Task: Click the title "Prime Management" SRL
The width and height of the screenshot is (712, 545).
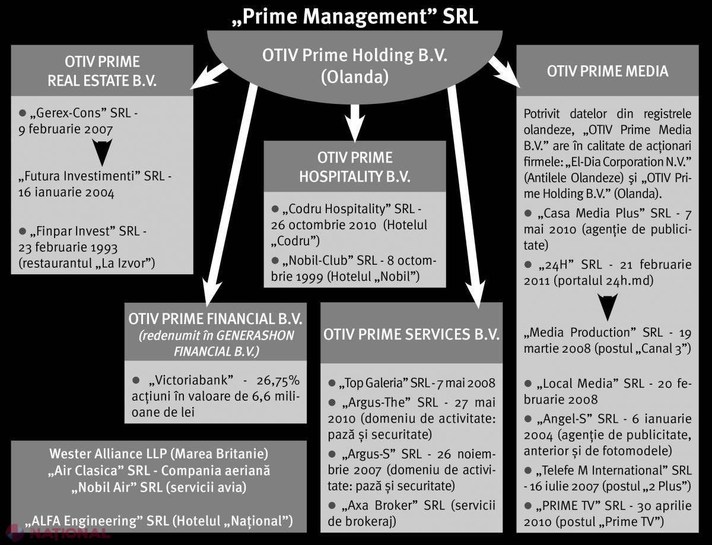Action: coord(355,17)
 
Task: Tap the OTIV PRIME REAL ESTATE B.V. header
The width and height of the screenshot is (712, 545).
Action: coord(102,71)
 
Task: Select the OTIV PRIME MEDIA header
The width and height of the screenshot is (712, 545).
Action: coord(608,71)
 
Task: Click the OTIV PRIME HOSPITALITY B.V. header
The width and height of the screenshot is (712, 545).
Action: coord(355,167)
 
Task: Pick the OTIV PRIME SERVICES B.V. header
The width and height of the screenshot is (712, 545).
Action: coord(411,334)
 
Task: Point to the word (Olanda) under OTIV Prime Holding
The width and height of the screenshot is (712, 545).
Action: coord(355,77)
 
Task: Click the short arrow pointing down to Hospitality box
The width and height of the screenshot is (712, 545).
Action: coord(355,123)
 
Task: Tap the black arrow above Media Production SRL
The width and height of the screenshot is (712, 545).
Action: coord(608,307)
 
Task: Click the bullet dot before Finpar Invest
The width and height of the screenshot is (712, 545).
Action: coord(23,231)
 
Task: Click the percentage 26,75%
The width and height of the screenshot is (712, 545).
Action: coord(278,381)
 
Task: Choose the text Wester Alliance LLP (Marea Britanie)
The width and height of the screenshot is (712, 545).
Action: coord(159,454)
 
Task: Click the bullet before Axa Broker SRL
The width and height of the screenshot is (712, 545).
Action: coord(332,505)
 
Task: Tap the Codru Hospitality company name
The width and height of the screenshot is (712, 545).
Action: coord(338,209)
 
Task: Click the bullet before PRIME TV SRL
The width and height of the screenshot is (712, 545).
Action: coord(527,505)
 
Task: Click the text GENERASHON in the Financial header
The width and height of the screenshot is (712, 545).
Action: coord(255,335)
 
